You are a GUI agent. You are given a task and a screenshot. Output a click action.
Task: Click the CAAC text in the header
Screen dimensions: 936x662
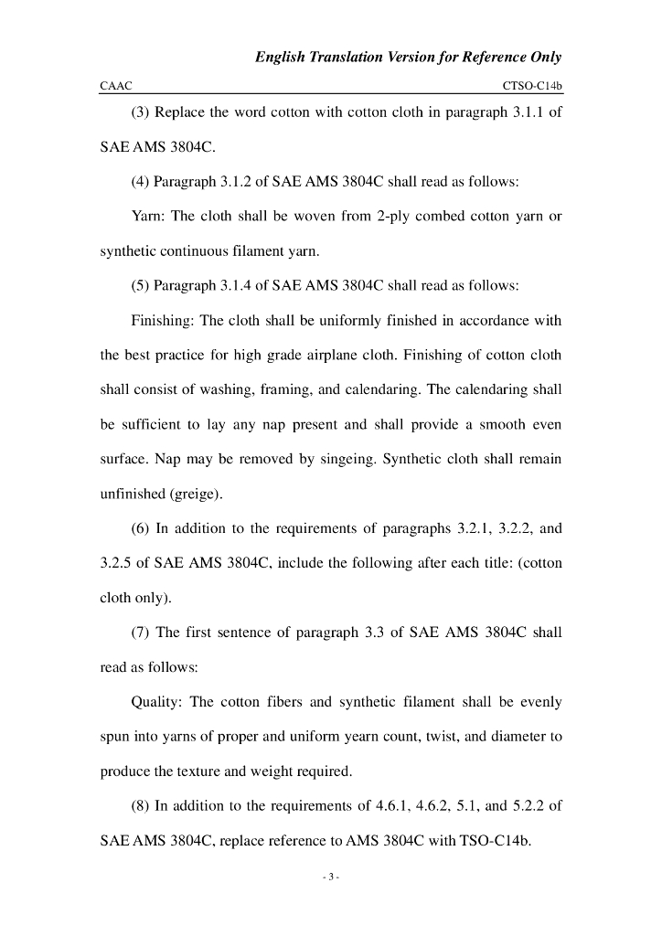pyautogui.click(x=115, y=86)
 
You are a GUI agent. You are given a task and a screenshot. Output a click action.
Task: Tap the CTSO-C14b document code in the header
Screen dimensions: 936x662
pyautogui.click(x=532, y=86)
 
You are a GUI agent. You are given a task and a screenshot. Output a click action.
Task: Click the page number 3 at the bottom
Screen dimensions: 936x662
pyautogui.click(x=331, y=878)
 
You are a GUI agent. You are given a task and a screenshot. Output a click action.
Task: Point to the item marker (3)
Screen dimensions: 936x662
pyautogui.click(x=141, y=113)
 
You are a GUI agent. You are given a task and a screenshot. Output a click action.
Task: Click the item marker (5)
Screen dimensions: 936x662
pyautogui.click(x=141, y=286)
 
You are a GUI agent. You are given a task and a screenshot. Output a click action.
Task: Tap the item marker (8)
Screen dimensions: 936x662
pyautogui.click(x=141, y=804)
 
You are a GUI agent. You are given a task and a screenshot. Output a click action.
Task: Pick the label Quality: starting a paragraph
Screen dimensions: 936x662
pyautogui.click(x=159, y=702)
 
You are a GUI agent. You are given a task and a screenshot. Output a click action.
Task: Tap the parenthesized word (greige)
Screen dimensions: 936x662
pyautogui.click(x=190, y=494)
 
